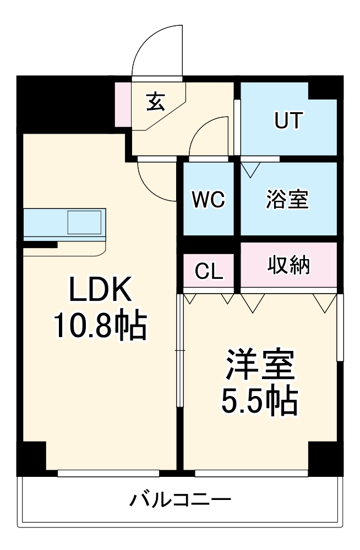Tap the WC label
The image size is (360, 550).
coord(208,199)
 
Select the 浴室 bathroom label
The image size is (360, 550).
coord(287,199)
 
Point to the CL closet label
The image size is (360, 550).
coord(209,271)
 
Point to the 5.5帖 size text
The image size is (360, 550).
coord(260,402)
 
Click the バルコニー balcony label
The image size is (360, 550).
coord(180,500)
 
